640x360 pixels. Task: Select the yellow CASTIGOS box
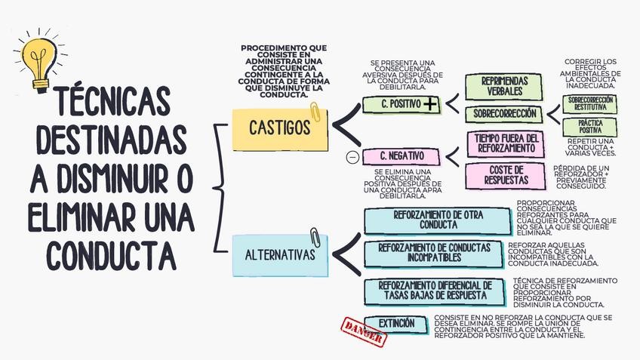(x=279, y=128)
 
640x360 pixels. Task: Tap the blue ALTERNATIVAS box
(x=280, y=254)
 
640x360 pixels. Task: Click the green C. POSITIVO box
(x=401, y=104)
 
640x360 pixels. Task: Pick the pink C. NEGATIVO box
(x=401, y=156)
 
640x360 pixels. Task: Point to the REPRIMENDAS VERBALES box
(x=504, y=87)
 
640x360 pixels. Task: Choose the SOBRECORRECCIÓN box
(x=504, y=114)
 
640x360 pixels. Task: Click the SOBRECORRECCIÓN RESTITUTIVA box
(x=590, y=103)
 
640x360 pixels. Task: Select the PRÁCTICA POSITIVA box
(x=590, y=125)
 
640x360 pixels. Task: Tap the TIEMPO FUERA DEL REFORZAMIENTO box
(x=506, y=143)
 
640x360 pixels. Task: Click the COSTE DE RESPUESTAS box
(x=506, y=175)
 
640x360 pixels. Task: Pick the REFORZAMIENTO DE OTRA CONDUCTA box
(x=438, y=220)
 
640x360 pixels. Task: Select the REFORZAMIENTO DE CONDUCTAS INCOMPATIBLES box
(x=433, y=253)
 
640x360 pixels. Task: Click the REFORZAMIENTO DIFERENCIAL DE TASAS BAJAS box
(x=433, y=290)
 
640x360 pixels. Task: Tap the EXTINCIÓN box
(x=396, y=324)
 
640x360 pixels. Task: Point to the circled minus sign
(x=351, y=157)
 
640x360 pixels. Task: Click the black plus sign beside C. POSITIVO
(x=430, y=104)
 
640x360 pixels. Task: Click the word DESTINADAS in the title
(x=111, y=140)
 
